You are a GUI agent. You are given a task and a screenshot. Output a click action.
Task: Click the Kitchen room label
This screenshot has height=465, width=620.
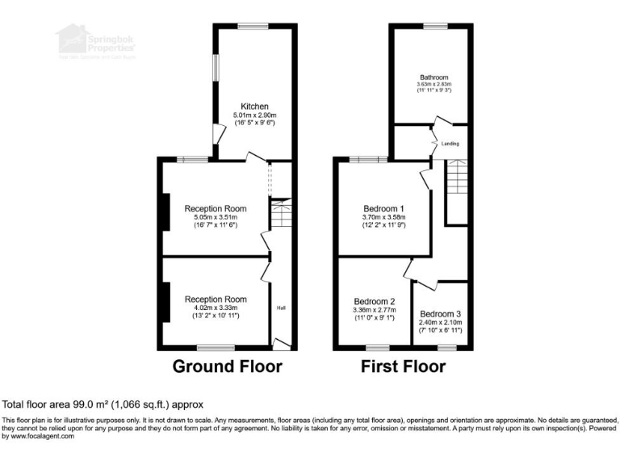click(x=254, y=107)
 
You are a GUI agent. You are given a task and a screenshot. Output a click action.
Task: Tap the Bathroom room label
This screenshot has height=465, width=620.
click(x=434, y=77)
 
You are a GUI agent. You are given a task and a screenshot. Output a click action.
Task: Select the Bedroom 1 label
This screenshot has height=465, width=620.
click(x=383, y=207)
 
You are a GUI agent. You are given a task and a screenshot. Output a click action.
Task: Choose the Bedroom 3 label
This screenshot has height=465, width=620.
click(x=441, y=313)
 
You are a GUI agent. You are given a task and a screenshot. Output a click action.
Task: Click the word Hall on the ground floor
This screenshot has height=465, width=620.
click(x=282, y=308)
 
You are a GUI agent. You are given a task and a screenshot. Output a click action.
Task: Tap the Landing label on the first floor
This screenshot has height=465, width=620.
click(x=450, y=144)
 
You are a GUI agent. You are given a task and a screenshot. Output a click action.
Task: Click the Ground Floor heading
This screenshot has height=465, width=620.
click(x=228, y=367)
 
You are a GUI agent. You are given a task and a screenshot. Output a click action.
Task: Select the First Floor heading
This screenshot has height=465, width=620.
click(x=403, y=367)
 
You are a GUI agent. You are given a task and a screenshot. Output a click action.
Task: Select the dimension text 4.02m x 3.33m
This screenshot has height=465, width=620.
click(x=215, y=308)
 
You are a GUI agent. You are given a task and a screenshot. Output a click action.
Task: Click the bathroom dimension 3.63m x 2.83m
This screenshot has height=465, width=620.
click(x=434, y=85)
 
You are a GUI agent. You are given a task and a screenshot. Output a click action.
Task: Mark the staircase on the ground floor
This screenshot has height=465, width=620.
click(x=279, y=215)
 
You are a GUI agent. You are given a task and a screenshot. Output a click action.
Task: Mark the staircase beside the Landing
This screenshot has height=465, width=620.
click(x=457, y=178)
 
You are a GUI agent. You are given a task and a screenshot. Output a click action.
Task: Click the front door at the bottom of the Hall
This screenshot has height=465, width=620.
click(x=281, y=345)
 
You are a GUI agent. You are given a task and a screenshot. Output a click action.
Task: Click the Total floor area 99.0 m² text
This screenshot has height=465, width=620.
click(x=103, y=404)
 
